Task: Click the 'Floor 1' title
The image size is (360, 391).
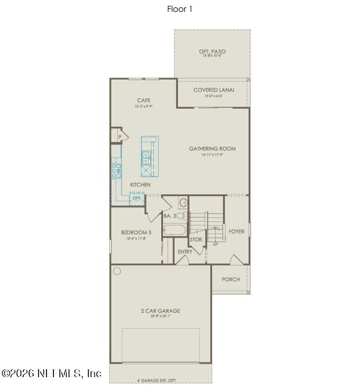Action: (180, 9)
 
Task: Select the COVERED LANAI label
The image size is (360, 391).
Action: (214, 90)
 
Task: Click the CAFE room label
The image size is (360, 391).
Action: (144, 101)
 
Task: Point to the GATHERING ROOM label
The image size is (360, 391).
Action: (212, 148)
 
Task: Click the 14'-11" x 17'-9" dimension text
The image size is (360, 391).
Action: (212, 155)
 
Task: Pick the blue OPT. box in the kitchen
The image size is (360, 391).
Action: (137, 198)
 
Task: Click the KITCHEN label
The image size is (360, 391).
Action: (140, 185)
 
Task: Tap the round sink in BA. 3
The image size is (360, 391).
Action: (182, 202)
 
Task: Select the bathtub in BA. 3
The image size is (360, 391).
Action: (174, 230)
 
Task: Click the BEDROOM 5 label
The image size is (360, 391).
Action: (136, 232)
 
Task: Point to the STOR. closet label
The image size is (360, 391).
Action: (196, 240)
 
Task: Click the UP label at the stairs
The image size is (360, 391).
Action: (215, 244)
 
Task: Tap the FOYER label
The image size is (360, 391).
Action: (236, 231)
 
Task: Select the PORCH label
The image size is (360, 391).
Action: (230, 279)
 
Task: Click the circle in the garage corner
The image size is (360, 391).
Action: (117, 271)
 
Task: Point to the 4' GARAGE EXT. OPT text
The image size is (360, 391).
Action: (156, 381)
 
